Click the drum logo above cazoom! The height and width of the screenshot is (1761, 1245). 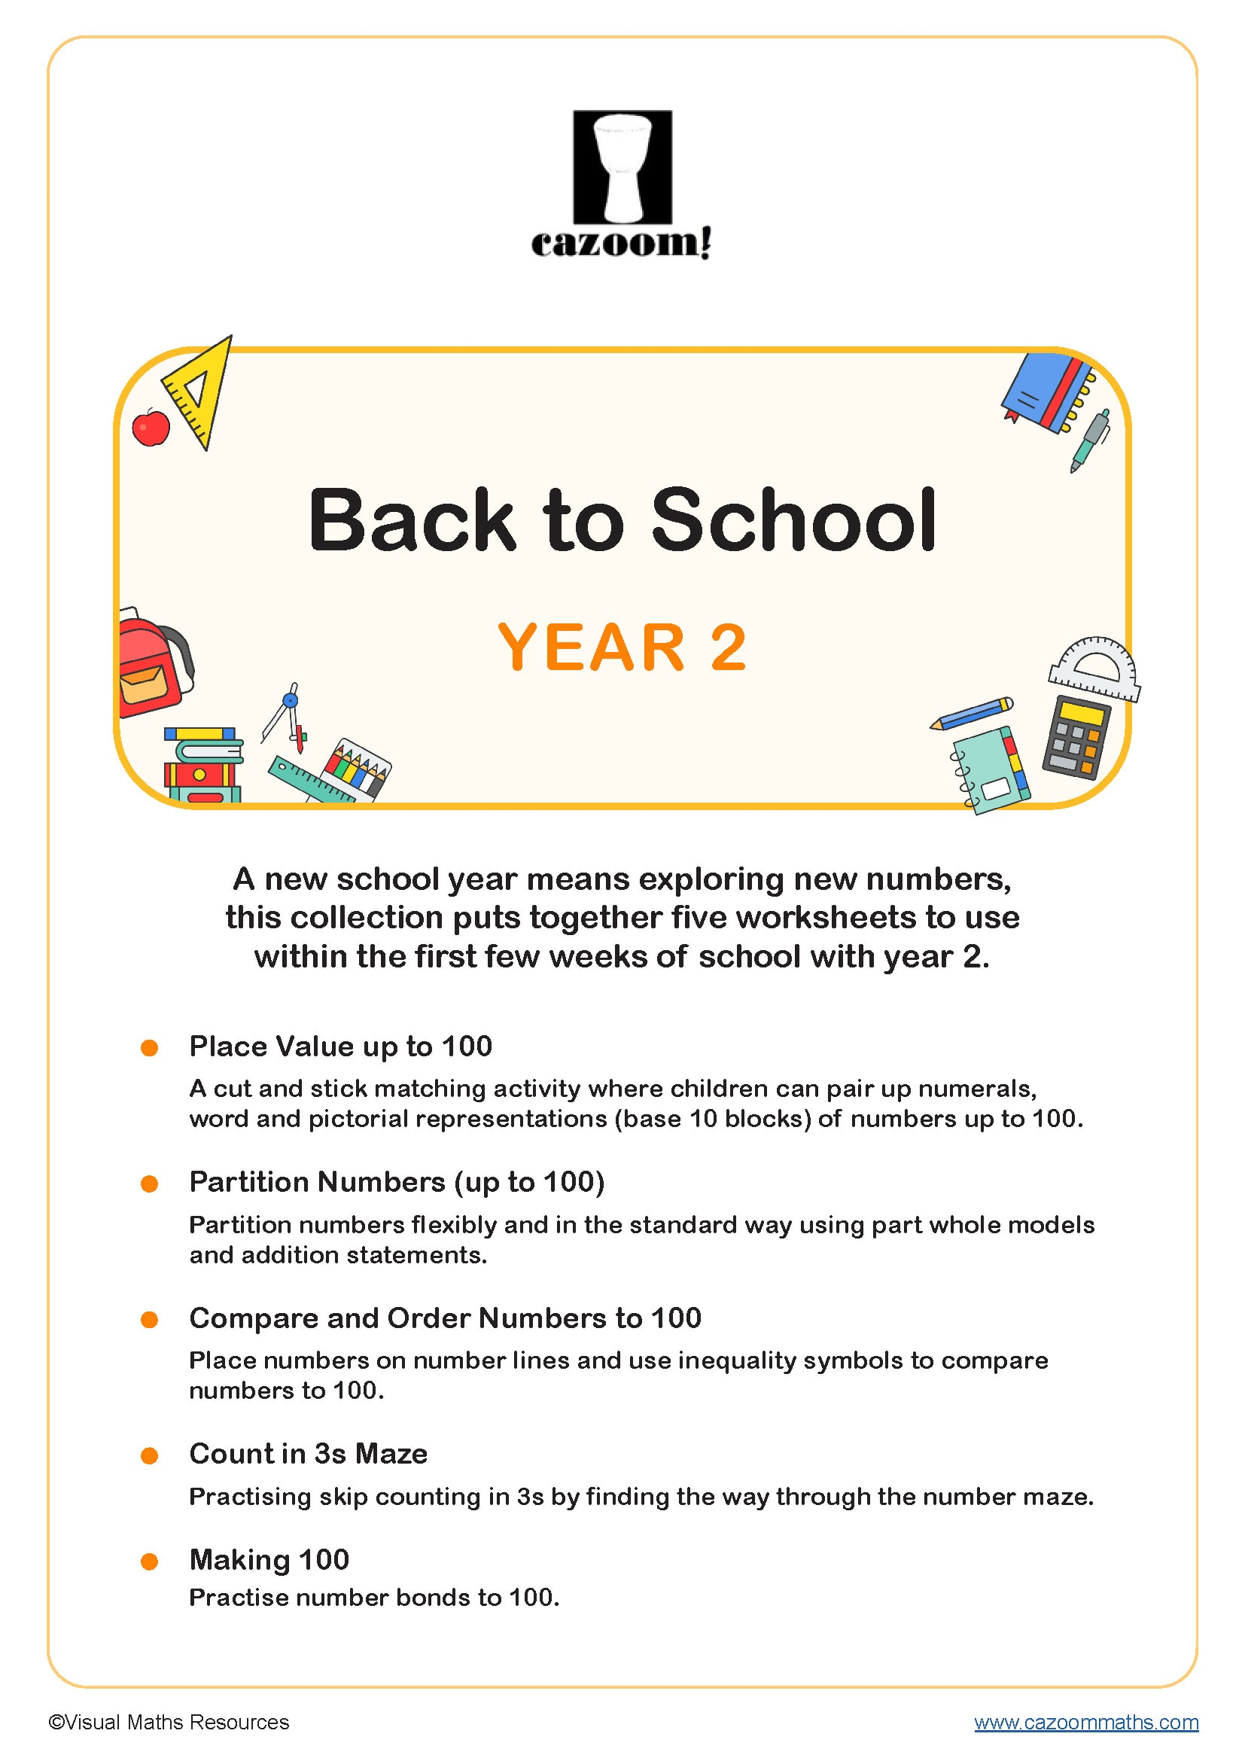coord(622,166)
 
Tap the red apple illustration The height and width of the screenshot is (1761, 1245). coord(151,427)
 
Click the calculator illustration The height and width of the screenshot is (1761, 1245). coord(1076,737)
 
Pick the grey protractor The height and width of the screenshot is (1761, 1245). coord(1094,669)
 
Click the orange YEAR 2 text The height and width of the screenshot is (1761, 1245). coord(622,647)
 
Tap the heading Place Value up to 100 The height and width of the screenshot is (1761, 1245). coord(340,1047)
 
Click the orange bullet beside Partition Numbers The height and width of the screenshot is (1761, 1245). coord(150,1184)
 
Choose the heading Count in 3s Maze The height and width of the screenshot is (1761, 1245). coord(308,1453)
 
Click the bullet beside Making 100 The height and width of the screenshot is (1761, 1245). coord(150,1561)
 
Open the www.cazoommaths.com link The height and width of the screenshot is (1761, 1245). coord(1085,1722)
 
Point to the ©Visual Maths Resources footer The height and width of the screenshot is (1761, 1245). coord(169,1722)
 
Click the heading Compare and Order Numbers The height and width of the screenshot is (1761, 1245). coord(445,1318)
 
